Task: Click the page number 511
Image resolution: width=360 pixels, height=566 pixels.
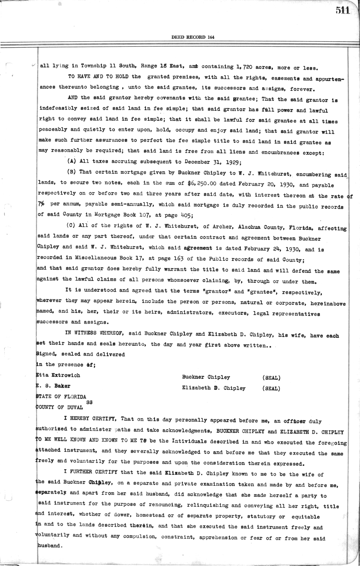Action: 343,10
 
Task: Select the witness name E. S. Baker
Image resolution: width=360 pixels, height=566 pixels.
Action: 53,386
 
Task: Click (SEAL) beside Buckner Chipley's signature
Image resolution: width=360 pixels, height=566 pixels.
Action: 271,378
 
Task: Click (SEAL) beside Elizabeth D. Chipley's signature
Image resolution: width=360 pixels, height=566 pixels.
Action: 271,388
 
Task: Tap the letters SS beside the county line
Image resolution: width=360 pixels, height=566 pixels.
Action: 89,402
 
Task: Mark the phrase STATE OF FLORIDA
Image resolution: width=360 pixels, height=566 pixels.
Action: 61,396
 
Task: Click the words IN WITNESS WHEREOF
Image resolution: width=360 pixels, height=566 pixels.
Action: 94,333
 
